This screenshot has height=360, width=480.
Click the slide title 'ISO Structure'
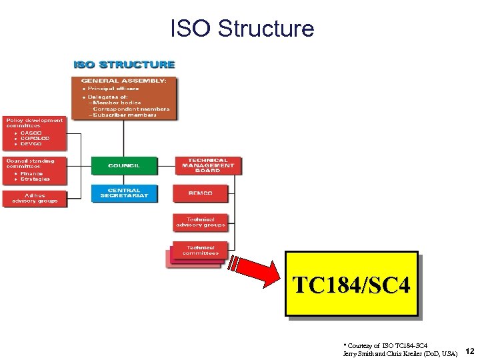[241, 29]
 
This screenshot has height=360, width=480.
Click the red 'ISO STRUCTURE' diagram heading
[124, 65]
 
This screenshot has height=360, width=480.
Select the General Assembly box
[125, 98]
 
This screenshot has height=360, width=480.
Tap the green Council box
[124, 165]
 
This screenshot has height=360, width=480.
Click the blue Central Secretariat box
[124, 193]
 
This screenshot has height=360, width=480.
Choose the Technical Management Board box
[207, 165]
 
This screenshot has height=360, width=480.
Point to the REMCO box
[200, 193]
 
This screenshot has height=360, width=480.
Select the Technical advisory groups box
[200, 223]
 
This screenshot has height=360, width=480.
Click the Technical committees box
[200, 251]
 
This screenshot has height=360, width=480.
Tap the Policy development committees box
[35, 133]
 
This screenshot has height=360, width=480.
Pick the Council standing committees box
[35, 170]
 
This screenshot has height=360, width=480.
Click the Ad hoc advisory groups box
[35, 199]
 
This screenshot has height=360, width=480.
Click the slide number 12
[469, 351]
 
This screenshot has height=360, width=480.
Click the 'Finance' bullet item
[31, 173]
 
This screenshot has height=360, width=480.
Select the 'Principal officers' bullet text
[113, 88]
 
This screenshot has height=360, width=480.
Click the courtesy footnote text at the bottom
[400, 349]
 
